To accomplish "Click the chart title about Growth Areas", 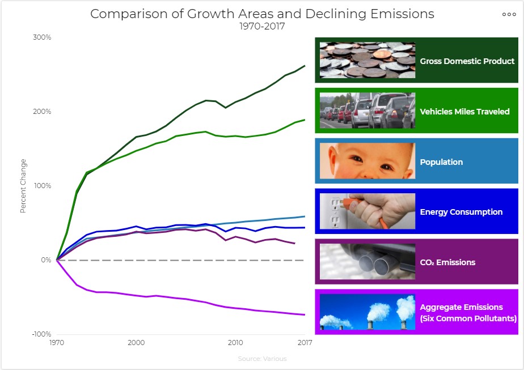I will coord(262,14).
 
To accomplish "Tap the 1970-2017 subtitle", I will coord(262,26).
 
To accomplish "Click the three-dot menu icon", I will coord(509,15).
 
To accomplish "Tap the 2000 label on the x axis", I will coord(135,343).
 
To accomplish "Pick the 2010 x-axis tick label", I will coord(235,343).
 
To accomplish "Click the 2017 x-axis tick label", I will coord(305,343).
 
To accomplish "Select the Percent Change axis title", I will coord(23,186).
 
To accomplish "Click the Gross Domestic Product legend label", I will coord(467,61).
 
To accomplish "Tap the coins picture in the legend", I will coord(367,60).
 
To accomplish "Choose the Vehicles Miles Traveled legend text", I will coord(464,112).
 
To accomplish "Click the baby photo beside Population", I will coord(367,161).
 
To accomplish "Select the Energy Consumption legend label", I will coord(461,212).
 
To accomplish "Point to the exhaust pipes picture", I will coord(367,262).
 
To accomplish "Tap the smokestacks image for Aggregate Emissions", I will coord(367,312).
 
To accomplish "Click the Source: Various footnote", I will coord(262,359).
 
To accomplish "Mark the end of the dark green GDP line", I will coord(305,66).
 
